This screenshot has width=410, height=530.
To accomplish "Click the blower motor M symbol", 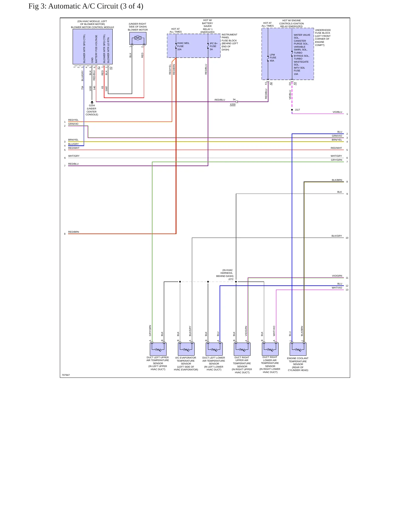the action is coord(138,38).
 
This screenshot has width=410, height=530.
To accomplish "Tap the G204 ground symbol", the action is coord(92,102).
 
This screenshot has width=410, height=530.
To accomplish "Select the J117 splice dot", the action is coord(292,110).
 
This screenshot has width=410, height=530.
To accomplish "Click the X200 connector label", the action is coord(233,105).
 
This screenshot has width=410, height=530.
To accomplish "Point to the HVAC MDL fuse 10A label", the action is coord(183,46).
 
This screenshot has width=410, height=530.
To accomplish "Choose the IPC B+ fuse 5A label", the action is coord(214,46).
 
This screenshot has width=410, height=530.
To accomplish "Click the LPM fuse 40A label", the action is coord(273,58).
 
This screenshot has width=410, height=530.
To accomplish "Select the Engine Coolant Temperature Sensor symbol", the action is coord(298,349).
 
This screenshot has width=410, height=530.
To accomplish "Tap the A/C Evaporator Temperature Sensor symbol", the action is coord(186,349).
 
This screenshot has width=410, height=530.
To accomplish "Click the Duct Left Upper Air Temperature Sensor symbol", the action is coord(158,349).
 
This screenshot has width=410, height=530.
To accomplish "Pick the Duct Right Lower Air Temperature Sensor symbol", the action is coord(270,349).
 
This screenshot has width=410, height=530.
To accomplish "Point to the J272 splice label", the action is coord(231,279).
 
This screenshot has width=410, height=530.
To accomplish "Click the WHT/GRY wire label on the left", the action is coord(74,156).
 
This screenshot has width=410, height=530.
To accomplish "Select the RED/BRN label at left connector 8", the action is coord(73,232).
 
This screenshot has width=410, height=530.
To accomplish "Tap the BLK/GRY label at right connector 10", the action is coord(337,236).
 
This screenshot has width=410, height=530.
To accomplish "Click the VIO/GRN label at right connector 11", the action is coord(337,276).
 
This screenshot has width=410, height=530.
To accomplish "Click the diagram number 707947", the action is coord(66,375).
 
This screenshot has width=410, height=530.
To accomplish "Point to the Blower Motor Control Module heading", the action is coord(92,27).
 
